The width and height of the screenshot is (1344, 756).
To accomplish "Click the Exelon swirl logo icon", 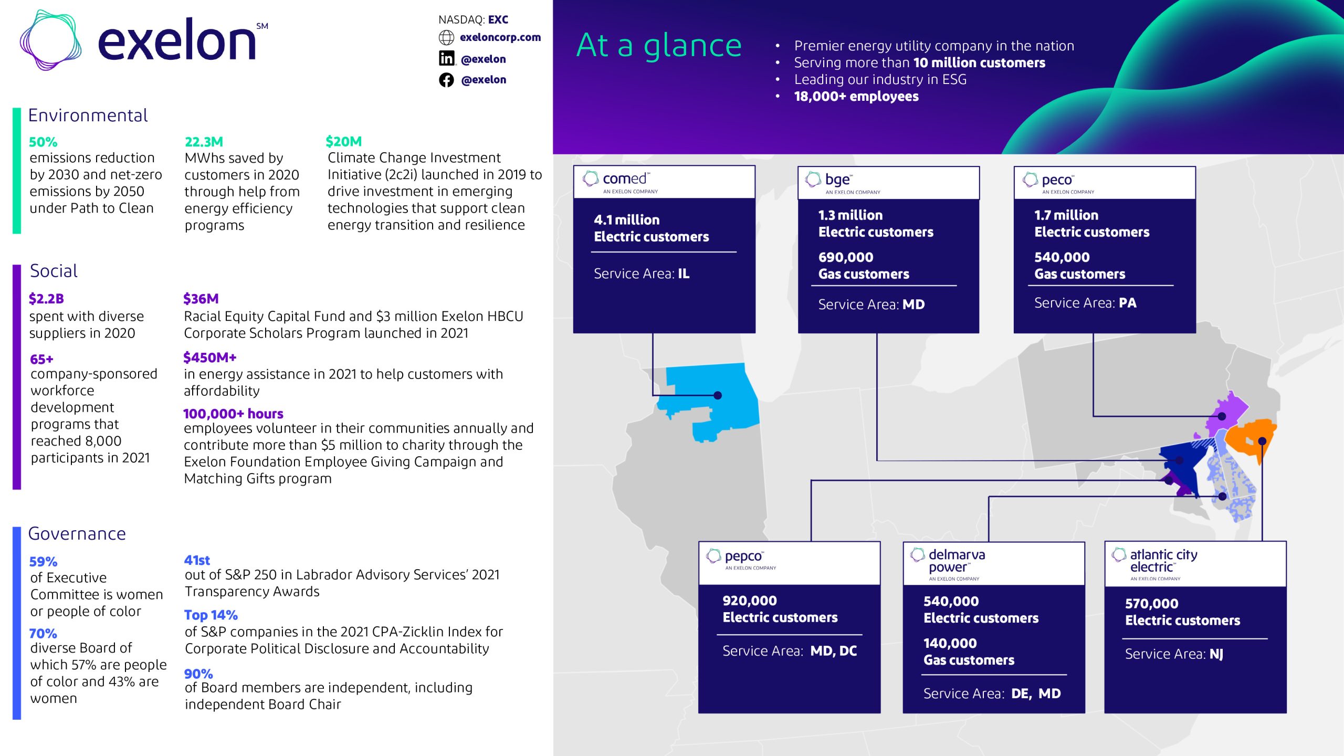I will pos(50,40).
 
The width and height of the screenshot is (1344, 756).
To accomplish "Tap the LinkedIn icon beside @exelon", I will pos(446,58).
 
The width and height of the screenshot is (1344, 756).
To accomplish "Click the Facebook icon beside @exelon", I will pos(446,80).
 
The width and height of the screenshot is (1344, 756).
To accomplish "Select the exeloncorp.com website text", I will pos(500,37).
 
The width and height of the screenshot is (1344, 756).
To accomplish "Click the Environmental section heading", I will pos(88,115).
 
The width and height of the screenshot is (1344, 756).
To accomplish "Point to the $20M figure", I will pos(343,141).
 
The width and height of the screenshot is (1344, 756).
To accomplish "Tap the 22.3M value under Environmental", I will pos(204,142).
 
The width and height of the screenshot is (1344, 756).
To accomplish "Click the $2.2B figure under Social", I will pos(46,299).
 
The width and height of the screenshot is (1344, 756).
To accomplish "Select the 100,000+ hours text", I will pos(233,414).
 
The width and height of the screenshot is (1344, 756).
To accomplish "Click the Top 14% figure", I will pos(211,615).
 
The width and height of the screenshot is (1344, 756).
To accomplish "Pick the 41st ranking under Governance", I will pos(197,560).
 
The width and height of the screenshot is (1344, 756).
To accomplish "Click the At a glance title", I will pos(659,45).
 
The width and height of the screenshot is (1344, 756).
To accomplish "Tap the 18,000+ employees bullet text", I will pos(856,97).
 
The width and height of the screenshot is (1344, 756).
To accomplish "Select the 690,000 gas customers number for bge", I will pos(845,257).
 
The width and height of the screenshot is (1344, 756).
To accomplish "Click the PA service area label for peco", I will pos(1127,303).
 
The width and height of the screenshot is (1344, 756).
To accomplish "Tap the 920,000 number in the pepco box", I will pos(749,601).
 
